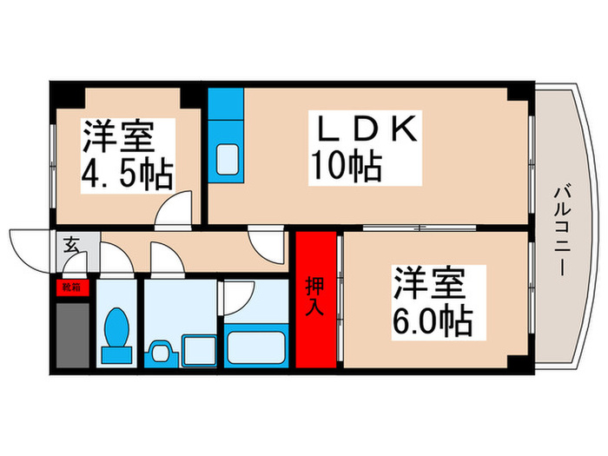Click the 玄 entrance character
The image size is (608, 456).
71,245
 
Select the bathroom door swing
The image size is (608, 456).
236,295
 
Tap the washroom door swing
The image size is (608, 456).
165,258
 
